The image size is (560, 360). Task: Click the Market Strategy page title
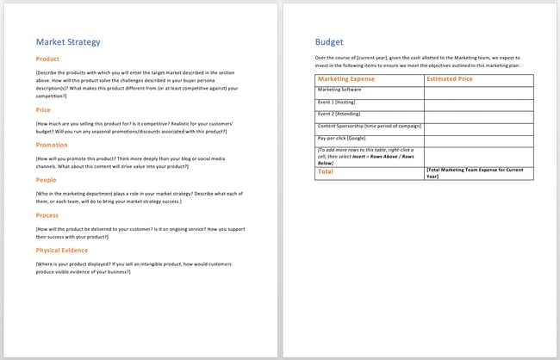[68, 41]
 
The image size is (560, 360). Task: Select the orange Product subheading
[47, 59]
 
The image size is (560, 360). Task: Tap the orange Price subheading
[43, 110]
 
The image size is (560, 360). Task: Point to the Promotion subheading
[52, 145]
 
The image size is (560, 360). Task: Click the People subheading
[47, 180]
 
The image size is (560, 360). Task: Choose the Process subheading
[47, 215]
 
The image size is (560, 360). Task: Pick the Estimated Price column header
[450, 79]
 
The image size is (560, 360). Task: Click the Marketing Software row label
[339, 89]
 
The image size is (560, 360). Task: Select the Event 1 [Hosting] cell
[337, 102]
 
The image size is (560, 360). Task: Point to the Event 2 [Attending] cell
[339, 114]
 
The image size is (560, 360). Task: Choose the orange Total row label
[326, 171]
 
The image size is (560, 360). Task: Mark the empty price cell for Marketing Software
[478, 90]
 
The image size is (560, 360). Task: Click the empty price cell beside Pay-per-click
[478, 138]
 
